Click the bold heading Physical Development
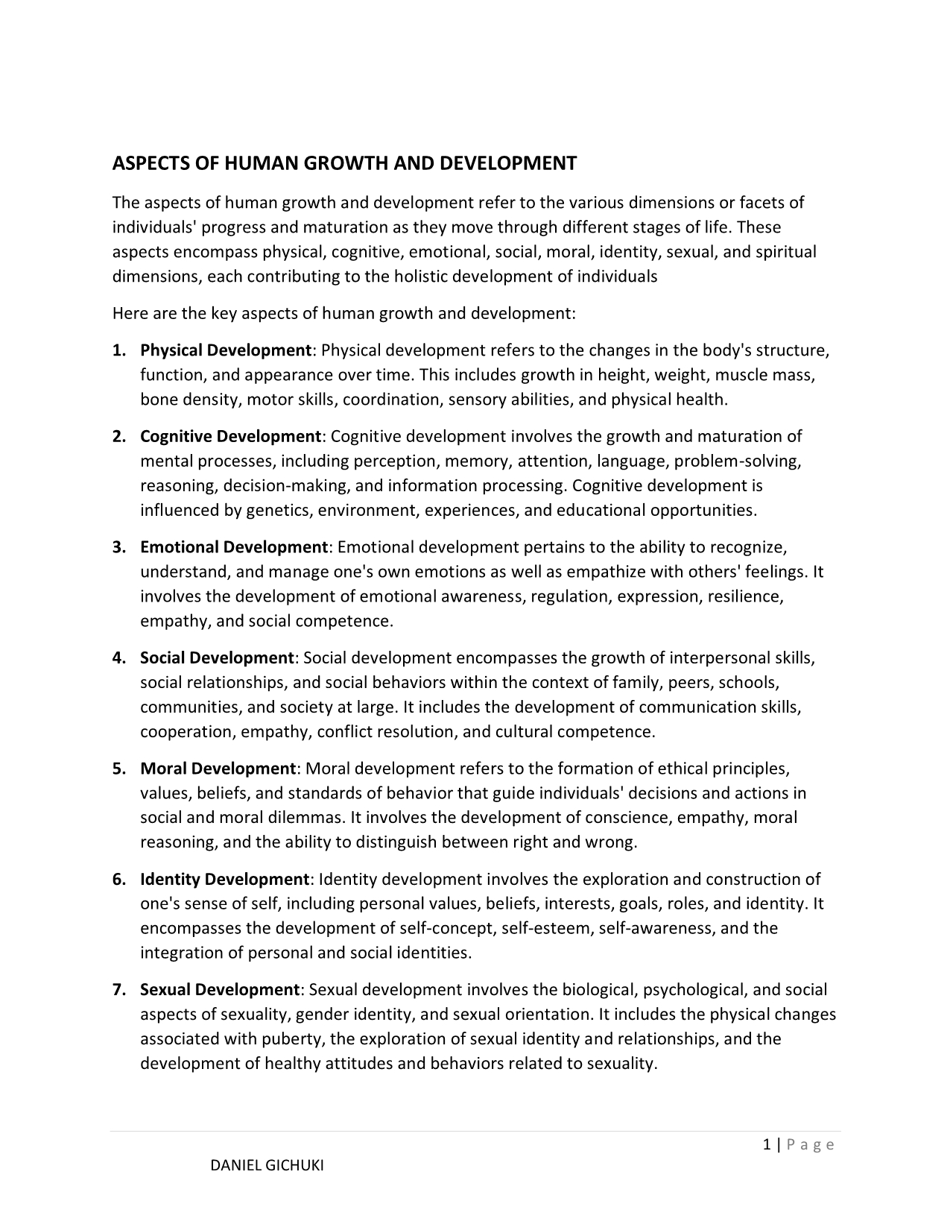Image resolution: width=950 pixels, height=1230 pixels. coord(226,350)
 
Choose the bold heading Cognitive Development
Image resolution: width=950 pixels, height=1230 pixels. coord(231,436)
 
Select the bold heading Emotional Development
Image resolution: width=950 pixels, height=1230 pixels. coord(234,547)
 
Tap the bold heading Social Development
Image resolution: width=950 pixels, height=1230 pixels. coord(218,658)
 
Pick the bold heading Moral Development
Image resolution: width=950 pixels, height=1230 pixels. coord(218,769)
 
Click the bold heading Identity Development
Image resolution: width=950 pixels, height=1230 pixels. coord(225,880)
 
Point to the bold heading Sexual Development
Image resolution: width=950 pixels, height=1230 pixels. coord(219,990)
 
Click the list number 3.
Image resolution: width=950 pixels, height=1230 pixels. coord(118,547)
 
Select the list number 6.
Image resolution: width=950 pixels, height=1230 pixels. coord(118,880)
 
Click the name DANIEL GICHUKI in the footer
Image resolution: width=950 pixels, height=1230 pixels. coord(267,1166)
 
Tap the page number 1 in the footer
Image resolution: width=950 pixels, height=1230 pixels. coord(767,1145)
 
